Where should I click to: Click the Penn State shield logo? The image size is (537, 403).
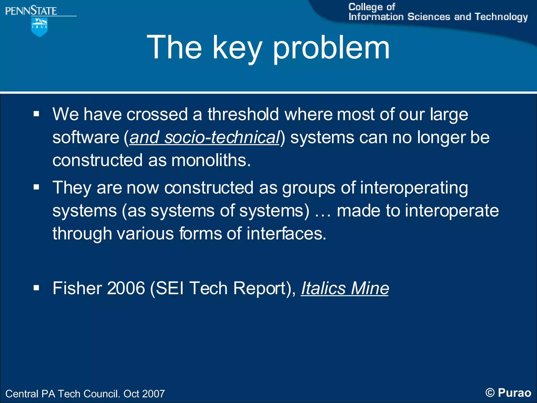pyautogui.click(x=39, y=27)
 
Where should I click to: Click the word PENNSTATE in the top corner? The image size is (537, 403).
pyautogui.click(x=31, y=11)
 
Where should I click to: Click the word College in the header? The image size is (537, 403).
pyautogui.click(x=365, y=7)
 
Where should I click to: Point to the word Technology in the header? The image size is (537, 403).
pyautogui.click(x=501, y=17)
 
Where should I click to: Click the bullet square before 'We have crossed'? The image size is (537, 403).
pyautogui.click(x=36, y=114)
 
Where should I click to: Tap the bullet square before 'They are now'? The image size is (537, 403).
pyautogui.click(x=36, y=187)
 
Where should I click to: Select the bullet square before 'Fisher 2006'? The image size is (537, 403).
pyautogui.click(x=36, y=288)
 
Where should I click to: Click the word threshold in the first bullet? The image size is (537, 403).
pyautogui.click(x=243, y=114)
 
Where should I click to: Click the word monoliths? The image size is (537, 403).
pyautogui.click(x=211, y=160)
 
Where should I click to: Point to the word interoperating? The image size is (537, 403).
pyautogui.click(x=414, y=188)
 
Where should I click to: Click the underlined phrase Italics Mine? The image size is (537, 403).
pyautogui.click(x=345, y=288)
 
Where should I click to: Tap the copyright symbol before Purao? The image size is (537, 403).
pyautogui.click(x=490, y=393)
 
